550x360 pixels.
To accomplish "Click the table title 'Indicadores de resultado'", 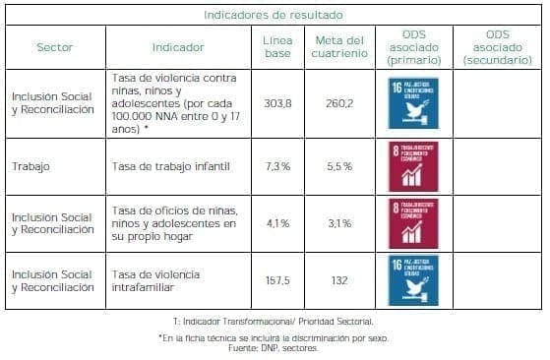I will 274,15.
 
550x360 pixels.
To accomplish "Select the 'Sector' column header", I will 54,46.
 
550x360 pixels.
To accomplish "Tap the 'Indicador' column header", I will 178,46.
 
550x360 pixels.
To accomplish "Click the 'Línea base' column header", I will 277,46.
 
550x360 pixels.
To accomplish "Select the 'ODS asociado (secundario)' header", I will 496,46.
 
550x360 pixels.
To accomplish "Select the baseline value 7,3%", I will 277,166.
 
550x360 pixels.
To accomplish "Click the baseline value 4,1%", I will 277,223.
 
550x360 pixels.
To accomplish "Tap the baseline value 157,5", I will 277,280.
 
